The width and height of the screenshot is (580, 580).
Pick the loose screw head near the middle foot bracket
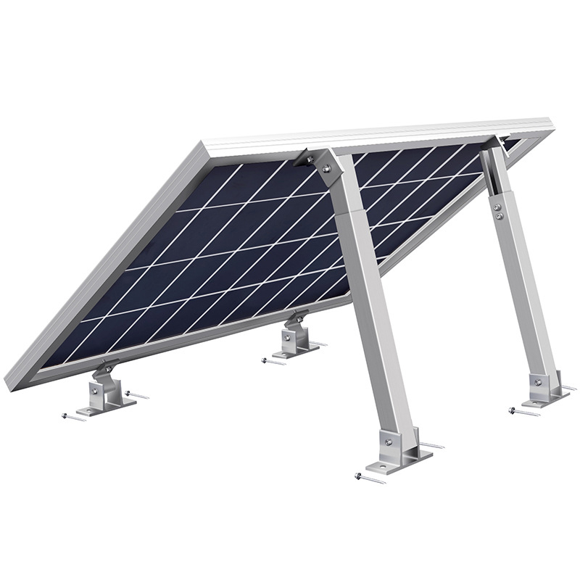(x=265, y=359)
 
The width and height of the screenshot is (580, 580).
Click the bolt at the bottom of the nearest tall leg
(x=388, y=438)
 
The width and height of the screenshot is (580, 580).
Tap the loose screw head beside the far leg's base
(x=515, y=410)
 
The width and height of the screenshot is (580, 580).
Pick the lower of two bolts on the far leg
(x=500, y=215)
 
